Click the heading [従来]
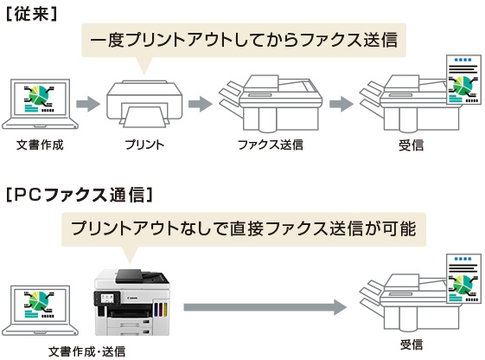[32, 14]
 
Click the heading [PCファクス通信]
[80, 195]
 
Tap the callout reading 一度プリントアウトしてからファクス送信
[244, 41]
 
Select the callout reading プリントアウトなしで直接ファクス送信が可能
[244, 229]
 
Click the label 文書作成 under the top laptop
[40, 145]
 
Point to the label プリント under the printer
[144, 145]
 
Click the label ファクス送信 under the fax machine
[271, 145]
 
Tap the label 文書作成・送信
[87, 351]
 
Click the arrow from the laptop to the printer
[88, 104]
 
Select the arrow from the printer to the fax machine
[201, 104]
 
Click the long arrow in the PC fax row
[265, 307]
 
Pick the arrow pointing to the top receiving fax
[341, 104]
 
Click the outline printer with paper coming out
[144, 104]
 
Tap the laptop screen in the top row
[40, 99]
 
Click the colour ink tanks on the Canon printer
[161, 310]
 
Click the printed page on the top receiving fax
[463, 80]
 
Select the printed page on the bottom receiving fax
[463, 279]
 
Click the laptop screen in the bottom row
[40, 305]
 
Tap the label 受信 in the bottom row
[411, 344]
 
